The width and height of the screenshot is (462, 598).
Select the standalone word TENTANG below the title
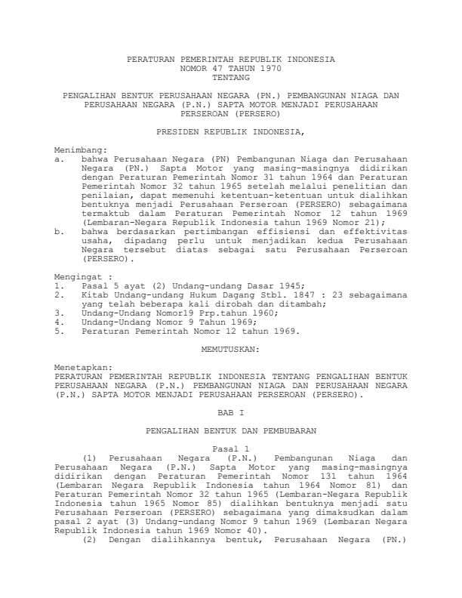click(x=230, y=76)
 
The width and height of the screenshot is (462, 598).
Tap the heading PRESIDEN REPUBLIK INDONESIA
click(x=230, y=131)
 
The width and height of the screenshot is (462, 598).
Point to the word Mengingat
click(x=85, y=278)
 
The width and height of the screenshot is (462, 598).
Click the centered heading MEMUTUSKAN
click(x=230, y=350)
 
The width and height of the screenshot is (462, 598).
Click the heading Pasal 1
click(x=230, y=449)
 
